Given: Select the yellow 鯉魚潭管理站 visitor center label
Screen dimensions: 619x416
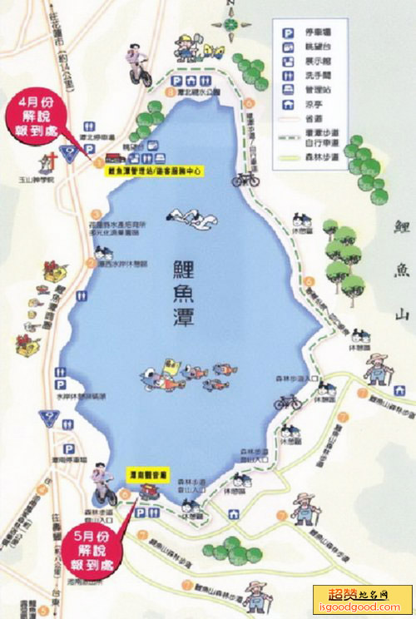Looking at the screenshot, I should click(157, 169).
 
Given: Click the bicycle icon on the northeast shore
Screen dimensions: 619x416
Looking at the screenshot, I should click(245, 177).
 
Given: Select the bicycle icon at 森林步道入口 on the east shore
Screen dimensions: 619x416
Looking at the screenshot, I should click(288, 401).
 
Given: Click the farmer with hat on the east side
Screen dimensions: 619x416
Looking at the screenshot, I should click(377, 367).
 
